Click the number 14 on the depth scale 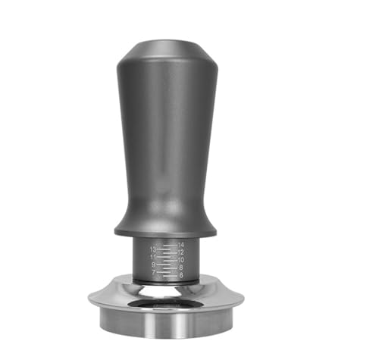pos(180,246)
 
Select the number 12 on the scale pos(180,253)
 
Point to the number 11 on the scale pos(153,257)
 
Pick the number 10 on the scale pos(180,261)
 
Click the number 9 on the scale pos(153,265)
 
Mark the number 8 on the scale pos(180,268)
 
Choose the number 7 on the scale pos(153,272)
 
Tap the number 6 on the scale pos(180,276)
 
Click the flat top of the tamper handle pos(167,44)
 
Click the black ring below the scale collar pos(165,282)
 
